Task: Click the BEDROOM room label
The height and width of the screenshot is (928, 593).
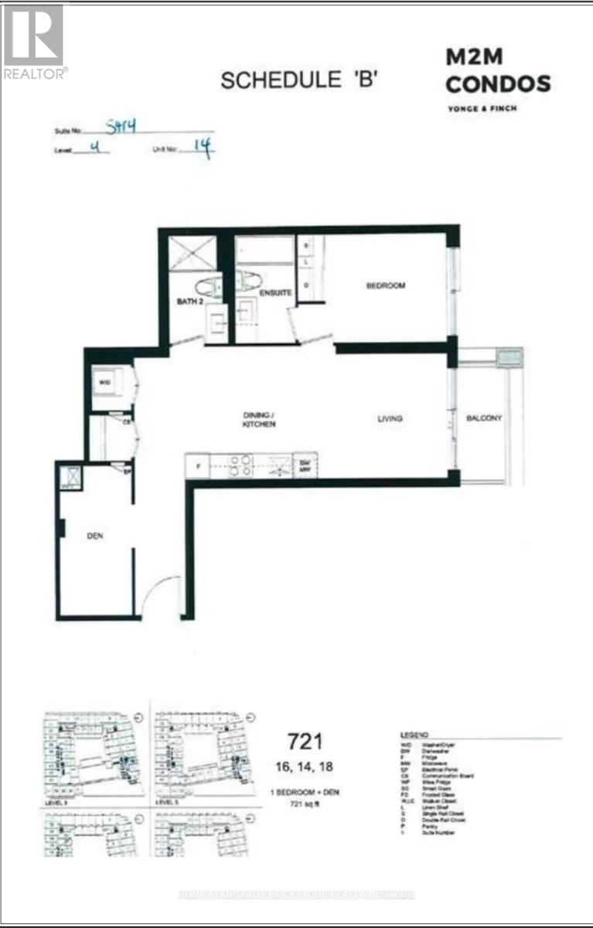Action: [x=385, y=286]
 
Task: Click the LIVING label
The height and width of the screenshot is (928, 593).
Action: [x=390, y=419]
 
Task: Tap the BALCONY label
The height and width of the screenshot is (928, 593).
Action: [x=484, y=418]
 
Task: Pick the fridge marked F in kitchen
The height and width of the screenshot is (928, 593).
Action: [x=199, y=466]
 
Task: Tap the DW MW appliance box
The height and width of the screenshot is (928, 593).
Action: [x=305, y=466]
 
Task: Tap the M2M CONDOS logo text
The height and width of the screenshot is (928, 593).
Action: [x=497, y=71]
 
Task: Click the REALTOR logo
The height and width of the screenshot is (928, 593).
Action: [x=34, y=40]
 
